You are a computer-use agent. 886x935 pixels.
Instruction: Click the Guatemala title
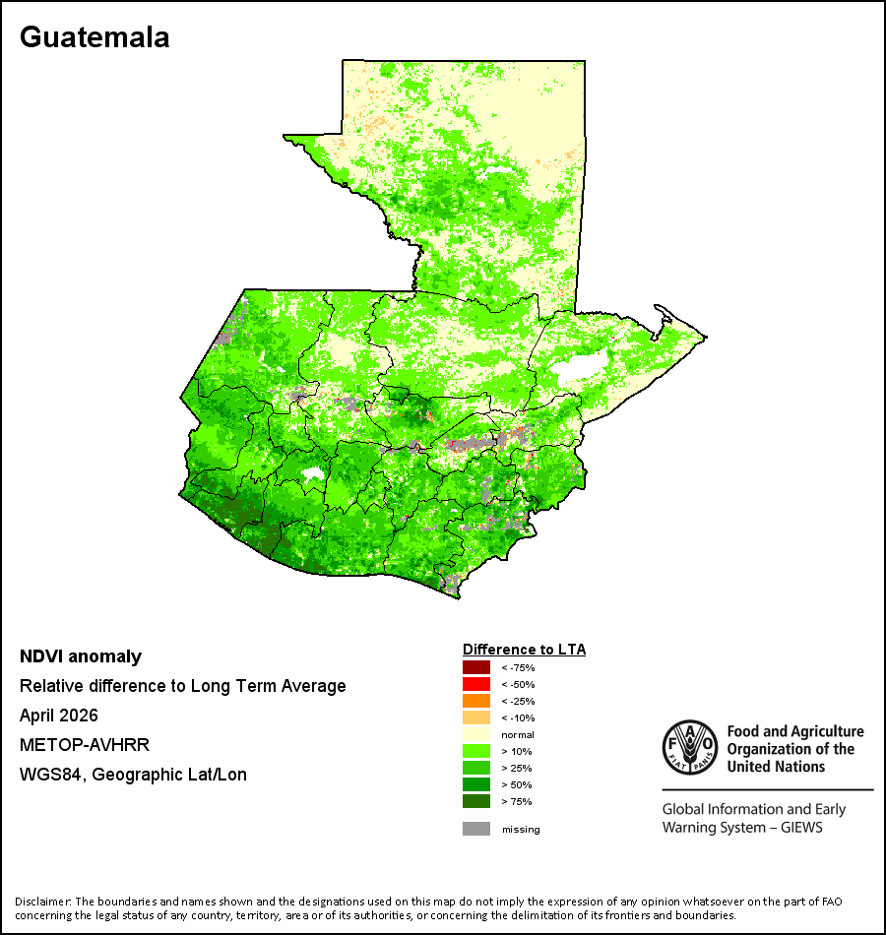(x=95, y=37)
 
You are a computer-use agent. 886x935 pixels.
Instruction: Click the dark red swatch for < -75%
(x=476, y=667)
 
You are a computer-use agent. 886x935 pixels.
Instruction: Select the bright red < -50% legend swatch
(x=476, y=684)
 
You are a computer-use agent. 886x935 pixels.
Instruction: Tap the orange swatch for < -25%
(x=476, y=701)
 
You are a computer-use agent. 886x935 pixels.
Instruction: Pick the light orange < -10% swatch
(x=476, y=717)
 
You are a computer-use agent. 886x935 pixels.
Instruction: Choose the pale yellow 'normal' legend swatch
(x=476, y=734)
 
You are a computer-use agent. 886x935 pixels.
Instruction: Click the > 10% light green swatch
(x=476, y=751)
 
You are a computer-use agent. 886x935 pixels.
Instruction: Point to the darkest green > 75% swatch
(x=476, y=801)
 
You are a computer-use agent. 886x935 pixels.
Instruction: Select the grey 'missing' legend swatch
(x=476, y=829)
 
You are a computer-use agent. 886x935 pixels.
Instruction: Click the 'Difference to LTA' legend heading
(x=524, y=650)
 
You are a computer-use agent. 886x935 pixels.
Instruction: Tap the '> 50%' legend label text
(x=517, y=784)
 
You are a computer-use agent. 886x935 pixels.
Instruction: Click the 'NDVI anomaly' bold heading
(x=81, y=656)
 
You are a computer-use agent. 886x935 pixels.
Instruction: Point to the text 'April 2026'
(x=58, y=715)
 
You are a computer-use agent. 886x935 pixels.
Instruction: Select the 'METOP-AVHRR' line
(x=84, y=745)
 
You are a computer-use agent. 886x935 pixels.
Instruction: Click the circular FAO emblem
(x=690, y=748)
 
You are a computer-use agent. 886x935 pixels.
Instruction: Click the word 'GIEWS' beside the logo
(x=801, y=827)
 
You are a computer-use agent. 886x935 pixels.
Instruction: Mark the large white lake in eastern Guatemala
(x=579, y=366)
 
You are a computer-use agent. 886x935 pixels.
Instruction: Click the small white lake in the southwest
(x=312, y=475)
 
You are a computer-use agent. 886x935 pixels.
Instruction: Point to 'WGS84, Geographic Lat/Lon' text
(x=133, y=775)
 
